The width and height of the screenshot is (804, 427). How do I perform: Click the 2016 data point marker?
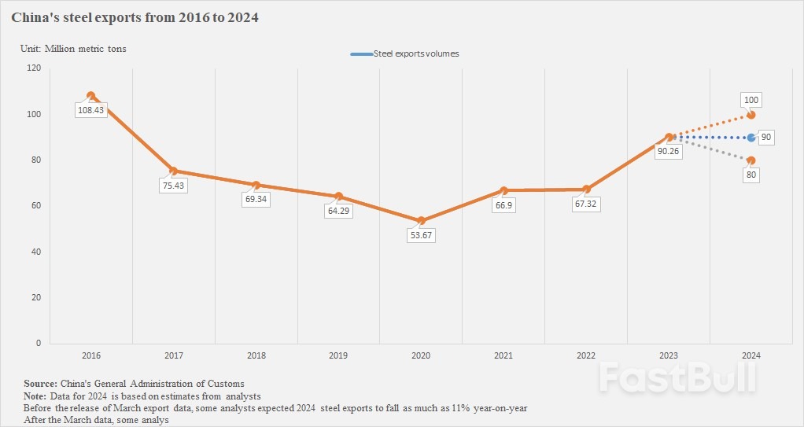pyautogui.click(x=90, y=96)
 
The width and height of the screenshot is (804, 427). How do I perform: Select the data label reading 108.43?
pyautogui.click(x=91, y=110)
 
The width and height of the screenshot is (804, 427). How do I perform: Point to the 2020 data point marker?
pyautogui.click(x=421, y=221)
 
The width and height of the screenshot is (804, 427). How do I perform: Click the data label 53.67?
pyautogui.click(x=421, y=235)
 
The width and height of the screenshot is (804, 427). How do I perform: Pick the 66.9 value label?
pyautogui.click(x=503, y=205)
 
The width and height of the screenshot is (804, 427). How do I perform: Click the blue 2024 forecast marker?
pyautogui.click(x=751, y=138)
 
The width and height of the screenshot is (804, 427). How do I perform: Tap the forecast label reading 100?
pyautogui.click(x=751, y=100)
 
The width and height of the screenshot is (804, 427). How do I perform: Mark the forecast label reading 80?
pyautogui.click(x=751, y=175)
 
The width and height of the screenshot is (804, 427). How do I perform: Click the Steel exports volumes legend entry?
pyautogui.click(x=405, y=53)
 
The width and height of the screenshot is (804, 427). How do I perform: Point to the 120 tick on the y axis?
pyautogui.click(x=34, y=68)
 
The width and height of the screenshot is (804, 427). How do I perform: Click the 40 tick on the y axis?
pyautogui.click(x=36, y=252)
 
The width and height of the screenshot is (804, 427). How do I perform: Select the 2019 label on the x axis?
pyautogui.click(x=338, y=356)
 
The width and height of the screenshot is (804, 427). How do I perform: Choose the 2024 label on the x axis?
pyautogui.click(x=751, y=356)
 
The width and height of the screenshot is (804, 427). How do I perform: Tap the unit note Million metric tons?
pyautogui.click(x=85, y=49)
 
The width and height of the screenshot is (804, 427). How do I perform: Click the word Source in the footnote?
pyautogui.click(x=40, y=383)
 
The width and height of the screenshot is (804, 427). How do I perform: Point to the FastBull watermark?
pyautogui.click(x=677, y=378)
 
